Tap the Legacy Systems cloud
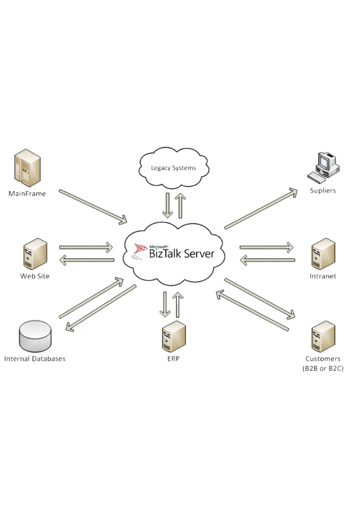click(x=174, y=167)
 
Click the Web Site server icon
click(x=35, y=254)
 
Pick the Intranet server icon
click(x=323, y=254)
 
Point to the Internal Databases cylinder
click(x=35, y=336)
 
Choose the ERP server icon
click(x=174, y=337)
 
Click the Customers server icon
click(x=323, y=337)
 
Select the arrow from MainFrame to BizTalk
click(x=92, y=206)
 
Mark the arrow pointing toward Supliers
click(x=261, y=208)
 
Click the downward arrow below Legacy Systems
click(x=168, y=205)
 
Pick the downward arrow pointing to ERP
click(x=165, y=304)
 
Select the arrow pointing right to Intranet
click(x=267, y=247)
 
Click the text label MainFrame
click(x=27, y=194)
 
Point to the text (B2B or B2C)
click(x=323, y=369)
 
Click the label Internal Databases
click(x=35, y=359)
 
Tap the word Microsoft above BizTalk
click(x=159, y=246)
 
